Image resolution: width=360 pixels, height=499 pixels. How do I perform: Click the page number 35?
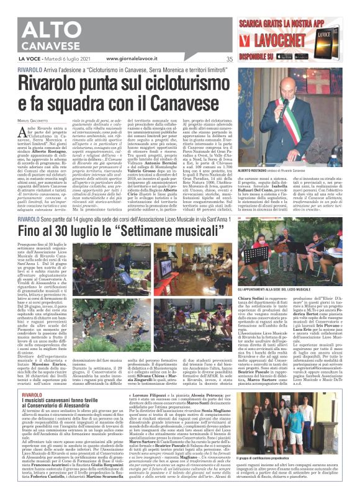229,59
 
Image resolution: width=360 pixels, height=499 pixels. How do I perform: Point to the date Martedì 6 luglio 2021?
82,59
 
